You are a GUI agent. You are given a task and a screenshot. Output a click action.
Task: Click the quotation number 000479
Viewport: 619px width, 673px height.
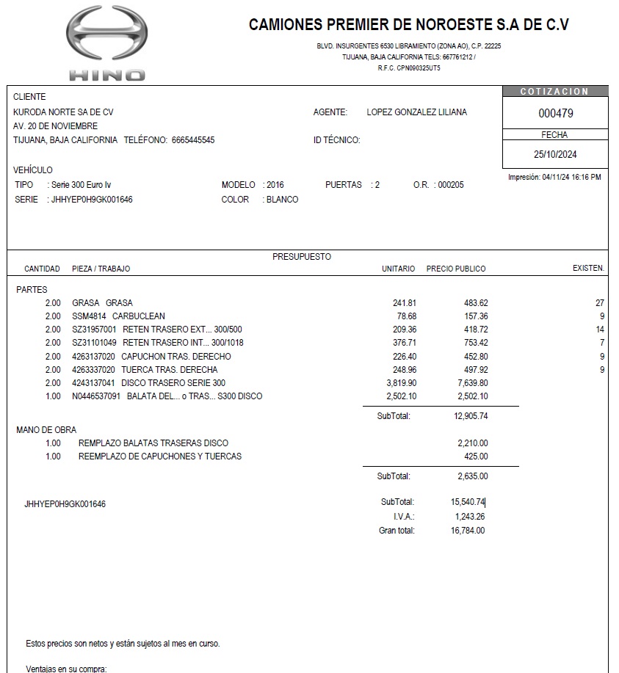click(556, 114)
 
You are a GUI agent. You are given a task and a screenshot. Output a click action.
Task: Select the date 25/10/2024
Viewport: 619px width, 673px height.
click(556, 154)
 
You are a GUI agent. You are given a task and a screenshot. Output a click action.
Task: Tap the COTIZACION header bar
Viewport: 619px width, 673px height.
click(555, 92)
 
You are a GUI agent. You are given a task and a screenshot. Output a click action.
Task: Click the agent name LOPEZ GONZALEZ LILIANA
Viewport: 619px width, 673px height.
click(416, 112)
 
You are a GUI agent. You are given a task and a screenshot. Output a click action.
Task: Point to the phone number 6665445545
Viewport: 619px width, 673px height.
click(193, 140)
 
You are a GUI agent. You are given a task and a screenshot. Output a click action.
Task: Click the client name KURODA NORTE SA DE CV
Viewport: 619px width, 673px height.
click(63, 112)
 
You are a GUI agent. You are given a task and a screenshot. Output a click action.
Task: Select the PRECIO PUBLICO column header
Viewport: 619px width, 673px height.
click(456, 269)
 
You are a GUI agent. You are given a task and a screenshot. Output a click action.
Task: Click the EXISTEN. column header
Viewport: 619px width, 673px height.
click(588, 269)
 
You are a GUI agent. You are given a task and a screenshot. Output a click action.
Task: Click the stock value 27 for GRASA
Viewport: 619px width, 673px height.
click(599, 303)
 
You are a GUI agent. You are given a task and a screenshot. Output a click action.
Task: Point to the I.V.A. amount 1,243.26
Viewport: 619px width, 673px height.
click(470, 517)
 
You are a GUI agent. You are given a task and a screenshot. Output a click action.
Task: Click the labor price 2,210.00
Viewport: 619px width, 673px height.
click(472, 443)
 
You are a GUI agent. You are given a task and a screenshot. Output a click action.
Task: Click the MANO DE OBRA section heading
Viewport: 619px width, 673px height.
click(46, 430)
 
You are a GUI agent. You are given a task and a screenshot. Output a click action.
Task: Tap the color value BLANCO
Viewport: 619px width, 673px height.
click(282, 200)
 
